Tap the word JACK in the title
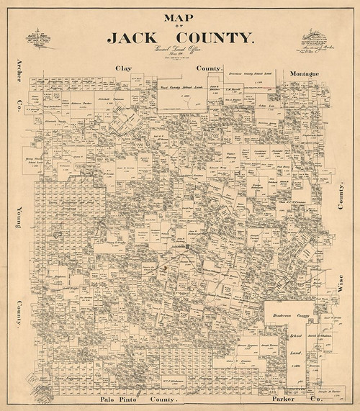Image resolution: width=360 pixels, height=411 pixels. pos(142,37)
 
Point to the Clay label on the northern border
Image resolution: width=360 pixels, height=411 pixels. pos(125,68)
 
